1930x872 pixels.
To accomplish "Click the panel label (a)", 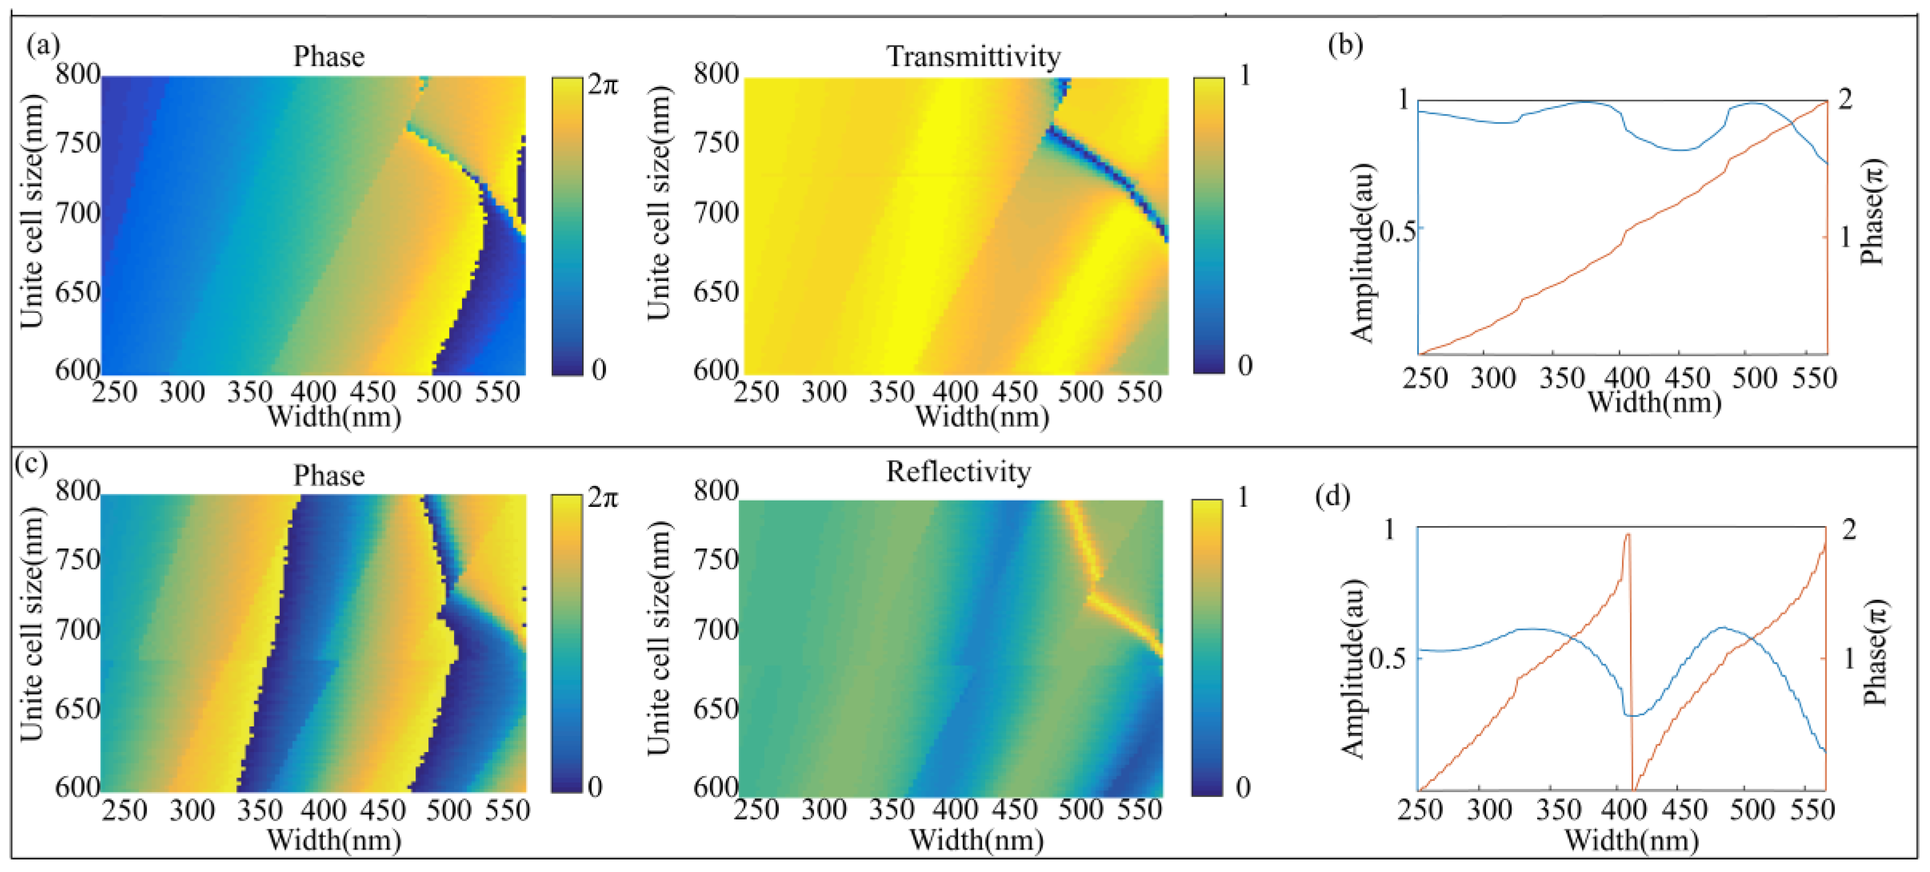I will click(43, 46).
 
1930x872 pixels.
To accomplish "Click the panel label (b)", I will click(1345, 46).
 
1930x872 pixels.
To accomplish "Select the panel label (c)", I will click(31, 464).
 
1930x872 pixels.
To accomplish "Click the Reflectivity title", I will click(958, 472).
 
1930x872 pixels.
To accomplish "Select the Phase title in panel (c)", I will click(329, 475).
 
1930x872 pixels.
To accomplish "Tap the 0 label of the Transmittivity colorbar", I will click(1245, 366).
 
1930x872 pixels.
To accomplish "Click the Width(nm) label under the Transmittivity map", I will click(981, 416).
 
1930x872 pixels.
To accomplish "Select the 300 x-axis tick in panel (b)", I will click(1492, 378).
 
